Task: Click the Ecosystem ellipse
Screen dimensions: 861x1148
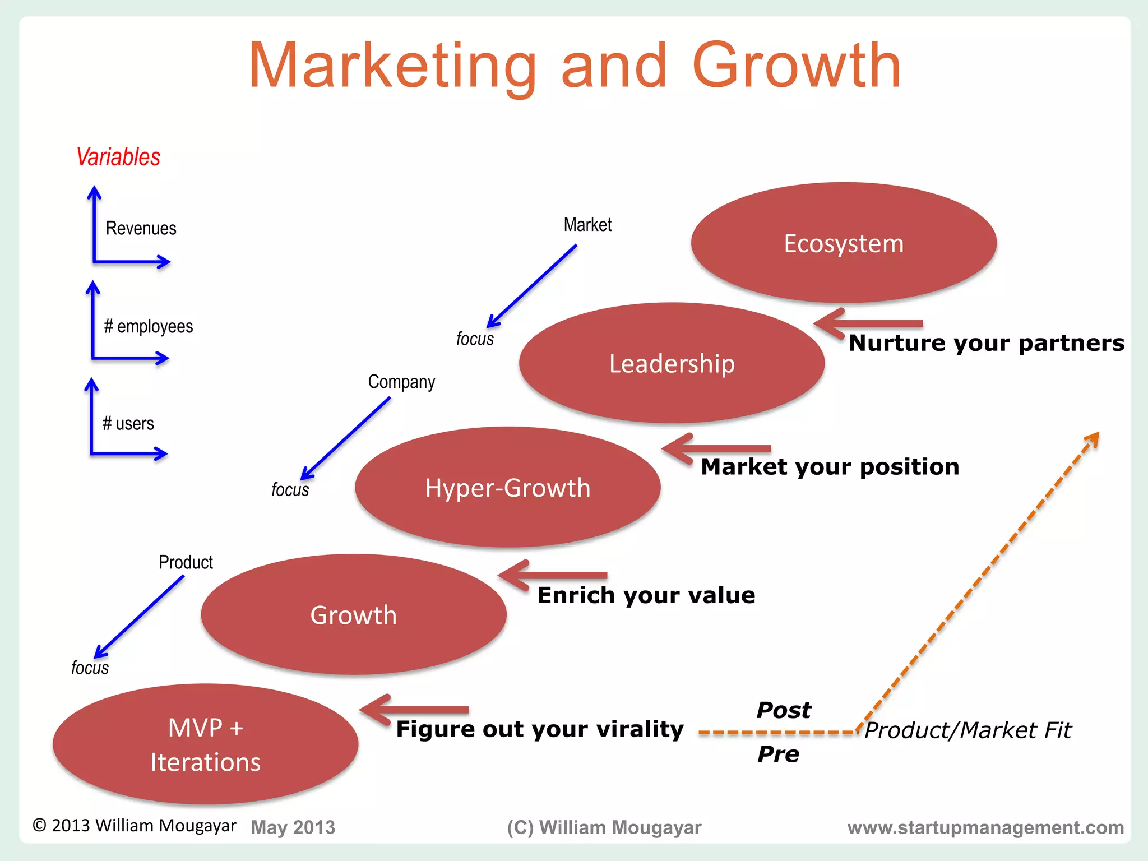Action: point(844,243)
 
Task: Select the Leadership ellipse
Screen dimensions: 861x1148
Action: point(672,363)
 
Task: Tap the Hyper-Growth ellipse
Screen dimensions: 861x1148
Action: point(507,488)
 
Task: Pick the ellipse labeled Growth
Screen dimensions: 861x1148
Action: point(353,615)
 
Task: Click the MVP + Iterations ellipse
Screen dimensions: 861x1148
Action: point(205,744)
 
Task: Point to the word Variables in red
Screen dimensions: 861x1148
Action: point(118,157)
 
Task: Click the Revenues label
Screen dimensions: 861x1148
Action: point(141,228)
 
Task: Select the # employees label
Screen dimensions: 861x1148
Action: point(149,326)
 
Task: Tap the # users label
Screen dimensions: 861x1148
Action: point(128,423)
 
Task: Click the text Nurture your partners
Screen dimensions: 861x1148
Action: point(986,343)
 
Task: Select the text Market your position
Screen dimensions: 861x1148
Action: point(830,467)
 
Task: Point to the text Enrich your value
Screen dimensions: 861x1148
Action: point(646,595)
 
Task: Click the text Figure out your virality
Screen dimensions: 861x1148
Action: point(539,729)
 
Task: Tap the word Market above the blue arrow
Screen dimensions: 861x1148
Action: point(587,225)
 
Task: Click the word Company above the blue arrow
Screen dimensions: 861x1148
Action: point(401,382)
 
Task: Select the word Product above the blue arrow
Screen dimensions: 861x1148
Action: point(186,562)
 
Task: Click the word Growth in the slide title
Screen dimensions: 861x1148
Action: point(797,66)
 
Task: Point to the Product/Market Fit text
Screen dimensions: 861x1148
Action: point(968,730)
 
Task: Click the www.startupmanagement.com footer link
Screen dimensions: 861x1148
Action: point(985,827)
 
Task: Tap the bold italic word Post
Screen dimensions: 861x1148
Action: point(783,710)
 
